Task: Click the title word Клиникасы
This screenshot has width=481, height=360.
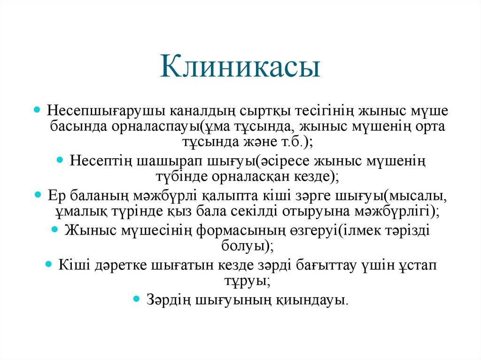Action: point(240,67)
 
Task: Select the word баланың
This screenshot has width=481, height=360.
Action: point(96,195)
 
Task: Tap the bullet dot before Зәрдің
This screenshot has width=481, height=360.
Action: point(137,299)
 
